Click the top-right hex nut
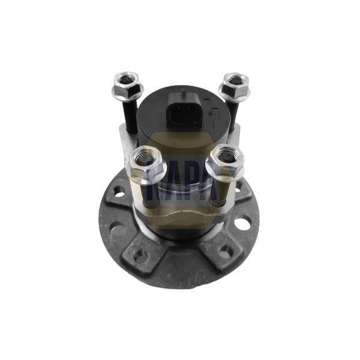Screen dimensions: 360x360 coord(234,85)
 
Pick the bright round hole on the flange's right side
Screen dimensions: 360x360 coord(242,224)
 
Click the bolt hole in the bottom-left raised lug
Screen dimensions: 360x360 coord(141,255)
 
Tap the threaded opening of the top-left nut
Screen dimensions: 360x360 coord(127,79)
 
